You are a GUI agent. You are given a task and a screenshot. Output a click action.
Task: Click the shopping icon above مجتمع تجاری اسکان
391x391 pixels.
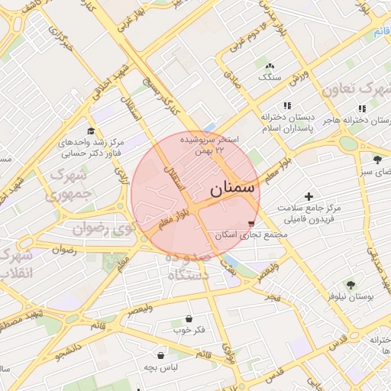pyautogui.click(x=252, y=223)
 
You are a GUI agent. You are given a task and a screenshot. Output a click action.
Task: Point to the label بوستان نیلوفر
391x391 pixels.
pyautogui.click(x=351, y=296)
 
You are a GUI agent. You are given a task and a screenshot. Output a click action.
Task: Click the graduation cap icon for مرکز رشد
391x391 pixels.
pyautogui.click(x=92, y=130)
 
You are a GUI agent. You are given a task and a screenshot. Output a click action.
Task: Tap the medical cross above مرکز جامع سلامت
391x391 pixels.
pyautogui.click(x=308, y=196)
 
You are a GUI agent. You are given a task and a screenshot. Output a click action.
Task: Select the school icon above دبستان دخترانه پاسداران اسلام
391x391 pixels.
pyautogui.click(x=287, y=105)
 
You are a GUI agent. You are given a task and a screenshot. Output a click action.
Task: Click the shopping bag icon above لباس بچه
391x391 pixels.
pyautogui.click(x=160, y=355)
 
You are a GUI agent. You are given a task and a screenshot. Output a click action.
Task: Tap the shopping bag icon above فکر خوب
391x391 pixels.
pyautogui.click(x=189, y=318)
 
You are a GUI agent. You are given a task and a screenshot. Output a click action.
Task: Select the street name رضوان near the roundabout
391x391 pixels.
pyautogui.click(x=64, y=250)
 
